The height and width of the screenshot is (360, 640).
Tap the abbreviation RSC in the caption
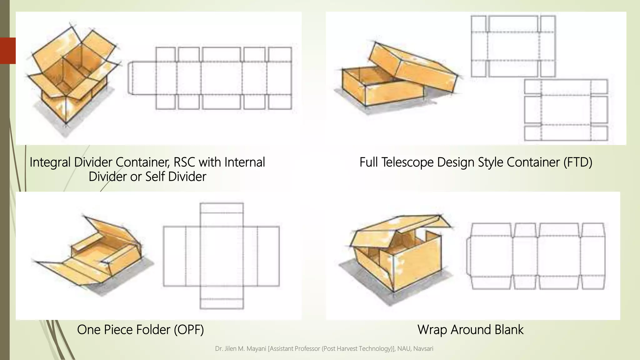click(184, 162)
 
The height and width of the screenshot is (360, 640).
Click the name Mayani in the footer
click(256, 349)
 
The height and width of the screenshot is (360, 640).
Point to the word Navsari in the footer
click(423, 349)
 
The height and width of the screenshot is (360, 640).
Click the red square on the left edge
click(8, 51)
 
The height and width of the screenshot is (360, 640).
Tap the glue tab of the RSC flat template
click(131, 78)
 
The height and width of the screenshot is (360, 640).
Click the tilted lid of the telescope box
click(412, 67)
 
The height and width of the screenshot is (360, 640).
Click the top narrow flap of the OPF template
click(222, 208)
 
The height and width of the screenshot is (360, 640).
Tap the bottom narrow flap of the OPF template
click(222, 304)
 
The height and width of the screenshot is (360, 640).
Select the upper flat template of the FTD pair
click(513, 46)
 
